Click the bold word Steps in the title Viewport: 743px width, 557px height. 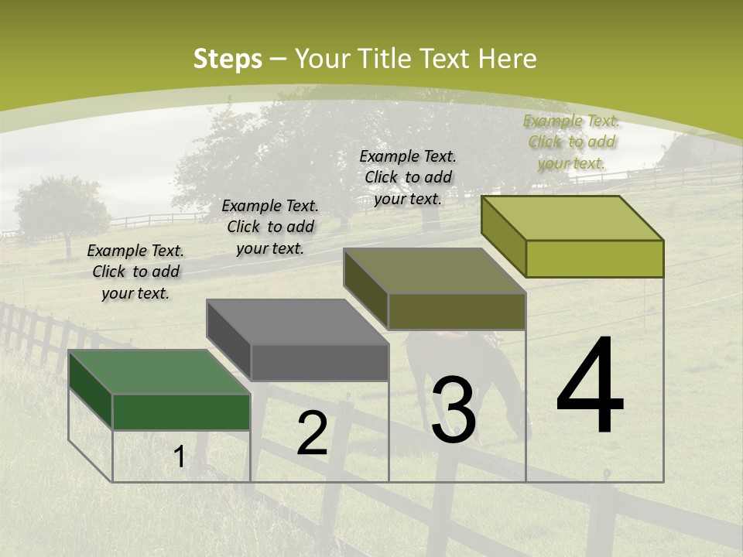click(x=228, y=59)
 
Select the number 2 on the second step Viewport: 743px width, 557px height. click(x=312, y=433)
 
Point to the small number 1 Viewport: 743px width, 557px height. click(x=179, y=457)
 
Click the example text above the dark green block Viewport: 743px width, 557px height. click(x=135, y=272)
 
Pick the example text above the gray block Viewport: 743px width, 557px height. click(x=270, y=227)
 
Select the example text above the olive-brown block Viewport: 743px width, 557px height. click(x=408, y=177)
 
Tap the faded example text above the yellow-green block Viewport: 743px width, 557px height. click(x=571, y=142)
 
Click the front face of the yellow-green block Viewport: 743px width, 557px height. click(x=594, y=258)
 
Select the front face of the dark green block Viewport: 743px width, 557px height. click(x=181, y=412)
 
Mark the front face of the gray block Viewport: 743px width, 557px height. click(x=319, y=362)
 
